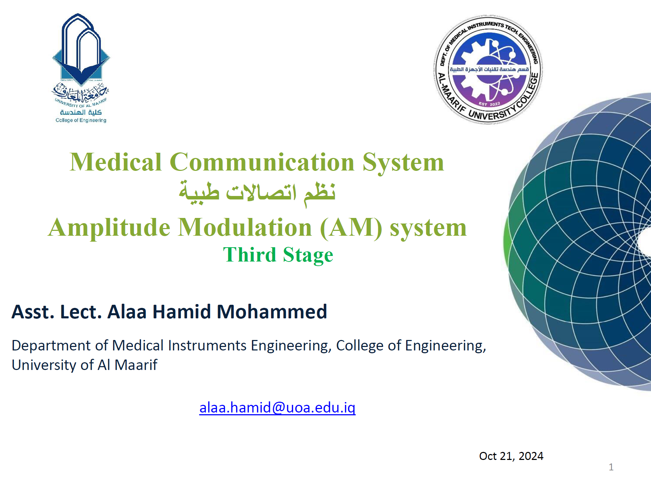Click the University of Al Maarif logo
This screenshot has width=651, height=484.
pyautogui.click(x=81, y=68)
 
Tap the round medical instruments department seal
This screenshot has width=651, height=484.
pyautogui.click(x=488, y=69)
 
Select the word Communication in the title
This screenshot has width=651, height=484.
pyautogui.click(x=262, y=162)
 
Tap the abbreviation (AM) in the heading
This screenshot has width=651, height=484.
pyautogui.click(x=351, y=228)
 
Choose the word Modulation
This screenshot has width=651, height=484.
pyautogui.click(x=245, y=227)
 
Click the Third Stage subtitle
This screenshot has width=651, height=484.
pyautogui.click(x=278, y=255)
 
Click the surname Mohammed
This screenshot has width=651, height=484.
pyautogui.click(x=272, y=312)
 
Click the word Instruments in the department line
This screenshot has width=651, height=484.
pyautogui.click(x=207, y=346)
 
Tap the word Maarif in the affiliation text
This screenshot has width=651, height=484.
pyautogui.click(x=136, y=365)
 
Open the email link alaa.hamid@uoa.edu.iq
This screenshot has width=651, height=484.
pyautogui.click(x=277, y=408)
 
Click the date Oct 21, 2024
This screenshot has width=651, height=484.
pyautogui.click(x=511, y=456)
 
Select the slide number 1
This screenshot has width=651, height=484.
pyautogui.click(x=611, y=467)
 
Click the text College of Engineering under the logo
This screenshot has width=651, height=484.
pyautogui.click(x=81, y=120)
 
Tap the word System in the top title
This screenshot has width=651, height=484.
pyautogui.click(x=403, y=162)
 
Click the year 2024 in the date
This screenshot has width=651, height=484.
pyautogui.click(x=531, y=456)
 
